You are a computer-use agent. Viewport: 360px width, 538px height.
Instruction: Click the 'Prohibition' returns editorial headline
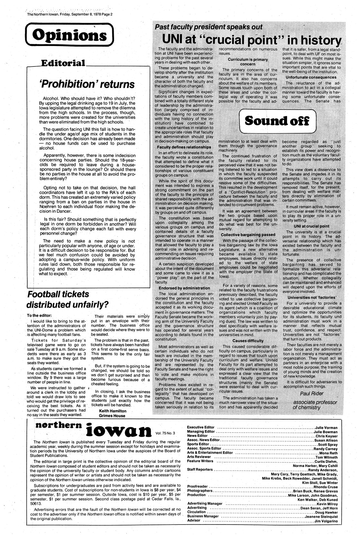pyautogui.click(x=86, y=84)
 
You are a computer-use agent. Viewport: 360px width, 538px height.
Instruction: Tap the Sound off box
pyautogui.click(x=277, y=121)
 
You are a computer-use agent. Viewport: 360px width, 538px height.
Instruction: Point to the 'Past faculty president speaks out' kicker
pyautogui.click(x=209, y=27)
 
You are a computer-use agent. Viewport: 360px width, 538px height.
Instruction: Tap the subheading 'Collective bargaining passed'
pyautogui.click(x=248, y=235)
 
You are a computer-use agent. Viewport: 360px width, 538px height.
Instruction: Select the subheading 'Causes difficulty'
pyautogui.click(x=248, y=340)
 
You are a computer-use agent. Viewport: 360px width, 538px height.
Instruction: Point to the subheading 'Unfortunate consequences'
pyautogui.click(x=310, y=78)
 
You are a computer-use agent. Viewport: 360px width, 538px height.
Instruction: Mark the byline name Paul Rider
pyautogui.click(x=312, y=393)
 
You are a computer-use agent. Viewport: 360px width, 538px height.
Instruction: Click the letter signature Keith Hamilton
pyautogui.click(x=113, y=411)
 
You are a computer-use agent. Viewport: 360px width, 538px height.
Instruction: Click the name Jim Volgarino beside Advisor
pyautogui.click(x=325, y=521)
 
